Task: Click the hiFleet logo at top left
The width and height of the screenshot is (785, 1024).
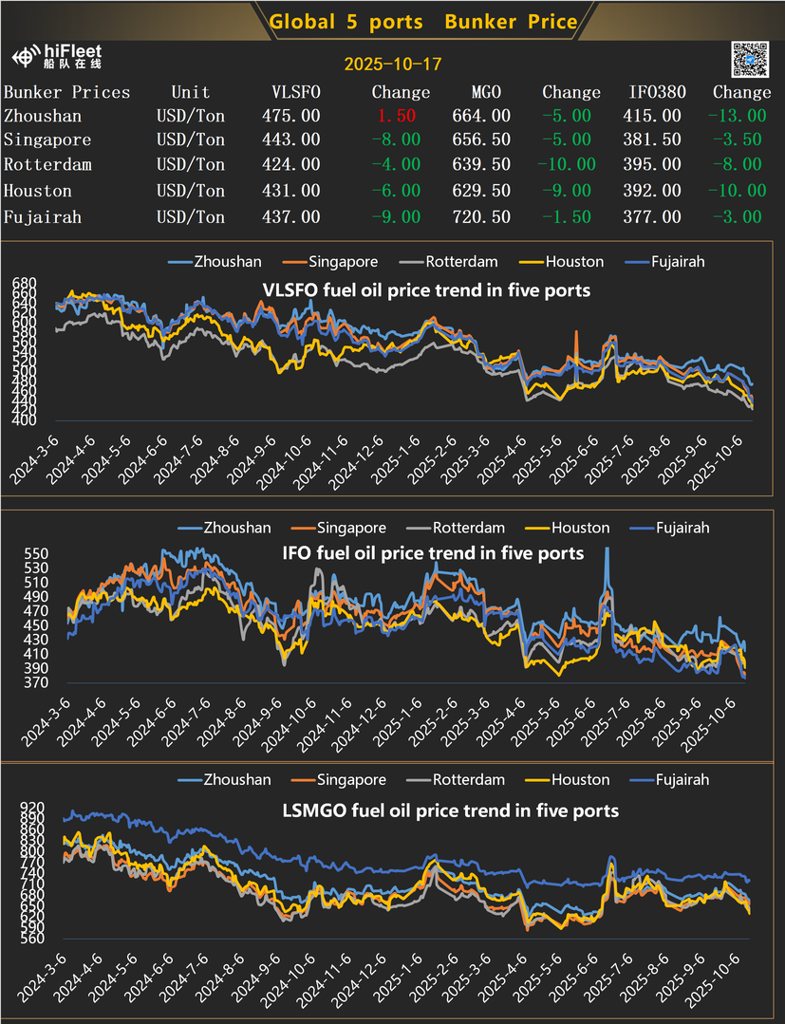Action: coord(58,56)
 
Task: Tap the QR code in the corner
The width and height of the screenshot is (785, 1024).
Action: coord(749,60)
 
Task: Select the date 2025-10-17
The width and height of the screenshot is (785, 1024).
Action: coord(392,65)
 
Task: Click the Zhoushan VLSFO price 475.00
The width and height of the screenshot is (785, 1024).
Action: coord(290,116)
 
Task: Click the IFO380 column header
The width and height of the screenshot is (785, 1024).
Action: coord(655,92)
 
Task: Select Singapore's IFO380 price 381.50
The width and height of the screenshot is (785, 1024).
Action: coord(655,140)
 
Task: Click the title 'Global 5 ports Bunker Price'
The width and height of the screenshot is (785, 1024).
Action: coord(423,21)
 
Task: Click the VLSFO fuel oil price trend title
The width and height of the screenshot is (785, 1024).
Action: coord(425,289)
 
